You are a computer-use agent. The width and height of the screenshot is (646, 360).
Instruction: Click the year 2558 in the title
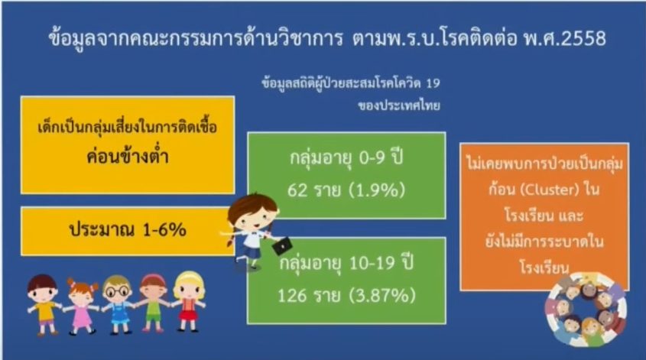584,39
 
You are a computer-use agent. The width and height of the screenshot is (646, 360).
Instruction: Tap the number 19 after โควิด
433,83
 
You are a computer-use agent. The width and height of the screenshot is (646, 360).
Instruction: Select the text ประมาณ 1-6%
128,229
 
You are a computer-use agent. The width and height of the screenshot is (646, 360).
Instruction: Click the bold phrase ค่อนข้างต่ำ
128,156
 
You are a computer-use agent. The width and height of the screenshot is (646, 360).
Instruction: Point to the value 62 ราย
314,190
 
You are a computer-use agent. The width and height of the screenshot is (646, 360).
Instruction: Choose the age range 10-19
372,263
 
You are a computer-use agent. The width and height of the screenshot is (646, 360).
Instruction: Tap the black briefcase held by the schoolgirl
282,246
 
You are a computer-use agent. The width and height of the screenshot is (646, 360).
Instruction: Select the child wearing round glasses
118,304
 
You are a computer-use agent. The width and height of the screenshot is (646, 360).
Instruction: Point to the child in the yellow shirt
44,305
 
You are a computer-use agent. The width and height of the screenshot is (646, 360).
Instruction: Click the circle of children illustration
586,308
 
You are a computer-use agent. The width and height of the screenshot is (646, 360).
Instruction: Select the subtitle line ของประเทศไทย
399,105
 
